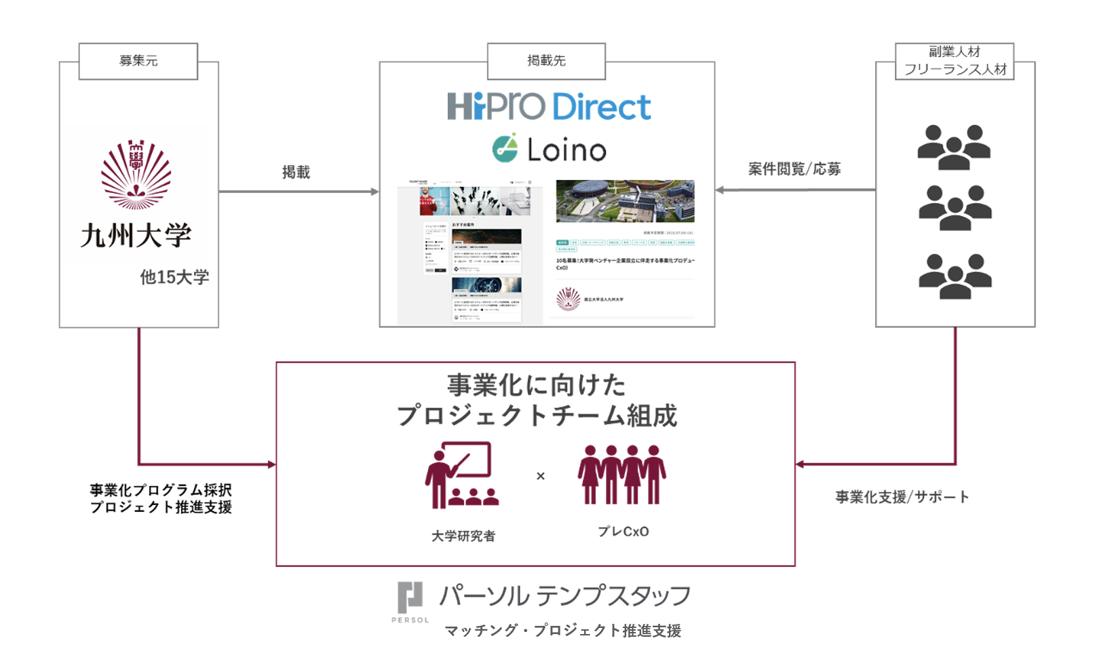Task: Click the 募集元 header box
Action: pos(138,61)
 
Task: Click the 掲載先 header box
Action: pos(546,61)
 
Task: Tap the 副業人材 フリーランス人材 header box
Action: pos(955,61)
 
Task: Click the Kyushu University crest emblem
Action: pos(136,174)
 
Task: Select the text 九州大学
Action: pos(136,236)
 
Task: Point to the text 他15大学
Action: pos(174,277)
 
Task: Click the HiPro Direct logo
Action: pos(549,107)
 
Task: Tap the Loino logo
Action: pos(549,149)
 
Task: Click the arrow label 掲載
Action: pos(296,172)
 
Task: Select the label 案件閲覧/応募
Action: pos(794,169)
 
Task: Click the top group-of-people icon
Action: pos(954,147)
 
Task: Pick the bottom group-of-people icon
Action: pos(955,276)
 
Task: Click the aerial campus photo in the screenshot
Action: pos(625,201)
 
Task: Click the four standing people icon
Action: pos(621,475)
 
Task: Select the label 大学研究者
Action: pos(463,536)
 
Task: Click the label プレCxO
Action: pos(623,532)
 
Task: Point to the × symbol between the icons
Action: pos(541,476)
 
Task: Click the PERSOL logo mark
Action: pos(410,597)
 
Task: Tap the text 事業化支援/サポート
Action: pos(902,497)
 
